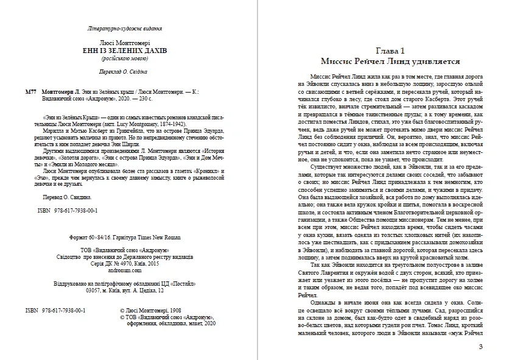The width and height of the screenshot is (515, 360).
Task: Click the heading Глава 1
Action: [x=385, y=51]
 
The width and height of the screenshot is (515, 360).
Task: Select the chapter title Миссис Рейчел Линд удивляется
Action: [x=385, y=62]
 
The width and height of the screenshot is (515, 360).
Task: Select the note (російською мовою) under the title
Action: [x=125, y=59]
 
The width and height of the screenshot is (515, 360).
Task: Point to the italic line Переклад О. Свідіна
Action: [x=125, y=72]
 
